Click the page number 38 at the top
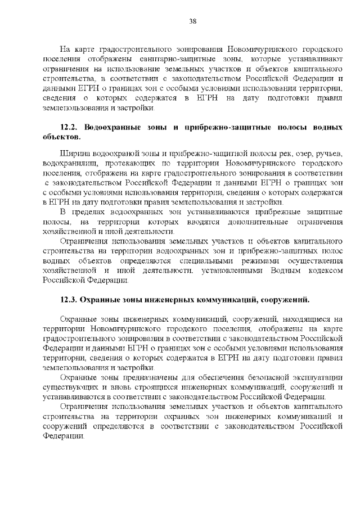192,21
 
